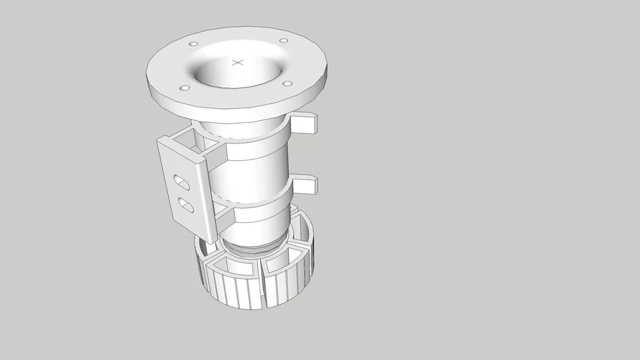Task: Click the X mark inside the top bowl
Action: coord(238,63)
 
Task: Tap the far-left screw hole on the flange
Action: coord(184,88)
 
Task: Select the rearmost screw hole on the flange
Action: coord(283,41)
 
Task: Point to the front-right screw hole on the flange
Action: coord(287,84)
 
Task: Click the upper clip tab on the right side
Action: coord(305,124)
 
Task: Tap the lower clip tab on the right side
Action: coord(305,186)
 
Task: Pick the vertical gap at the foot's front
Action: coord(266,288)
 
